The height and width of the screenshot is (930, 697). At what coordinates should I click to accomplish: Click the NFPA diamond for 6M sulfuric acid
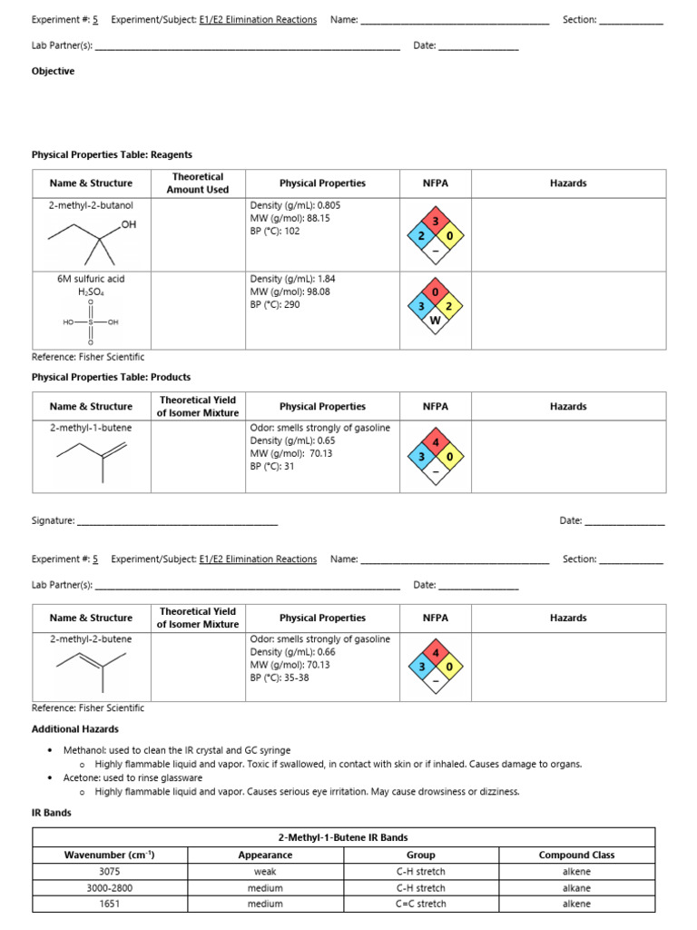(x=435, y=307)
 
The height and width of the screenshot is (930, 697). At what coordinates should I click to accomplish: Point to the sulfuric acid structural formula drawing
(x=91, y=322)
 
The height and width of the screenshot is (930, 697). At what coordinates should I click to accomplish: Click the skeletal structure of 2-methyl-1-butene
(x=91, y=460)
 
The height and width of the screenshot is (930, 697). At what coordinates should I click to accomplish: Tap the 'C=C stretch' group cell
(x=420, y=904)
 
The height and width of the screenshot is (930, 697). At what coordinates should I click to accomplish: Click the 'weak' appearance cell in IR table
(x=265, y=871)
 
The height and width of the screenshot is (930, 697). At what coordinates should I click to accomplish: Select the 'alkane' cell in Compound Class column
(x=576, y=887)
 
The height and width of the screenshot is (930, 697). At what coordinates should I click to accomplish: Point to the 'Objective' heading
(x=53, y=71)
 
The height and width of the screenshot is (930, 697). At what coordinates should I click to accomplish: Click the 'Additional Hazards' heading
(x=74, y=728)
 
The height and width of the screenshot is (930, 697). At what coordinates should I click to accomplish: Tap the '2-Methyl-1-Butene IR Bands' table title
(x=343, y=837)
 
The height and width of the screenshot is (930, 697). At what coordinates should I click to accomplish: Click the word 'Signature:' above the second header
(x=53, y=520)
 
